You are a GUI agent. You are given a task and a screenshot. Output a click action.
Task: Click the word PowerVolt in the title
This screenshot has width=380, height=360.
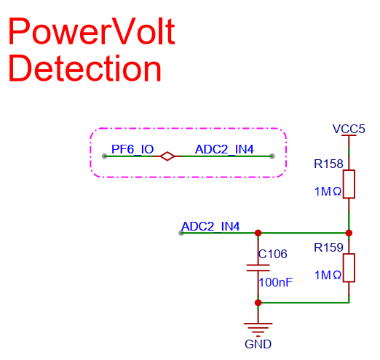(92, 31)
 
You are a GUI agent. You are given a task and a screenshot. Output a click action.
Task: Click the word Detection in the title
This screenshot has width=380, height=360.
(85, 68)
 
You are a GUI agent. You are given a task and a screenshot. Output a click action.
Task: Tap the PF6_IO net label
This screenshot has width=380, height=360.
(132, 149)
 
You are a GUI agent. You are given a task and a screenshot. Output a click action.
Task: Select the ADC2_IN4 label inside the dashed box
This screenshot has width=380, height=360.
(224, 149)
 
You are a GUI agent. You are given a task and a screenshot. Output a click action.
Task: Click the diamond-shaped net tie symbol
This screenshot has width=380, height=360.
(167, 156)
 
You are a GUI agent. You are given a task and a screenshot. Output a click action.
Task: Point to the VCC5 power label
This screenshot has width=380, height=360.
(349, 129)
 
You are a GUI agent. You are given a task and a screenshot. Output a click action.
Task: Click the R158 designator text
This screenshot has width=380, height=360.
(328, 164)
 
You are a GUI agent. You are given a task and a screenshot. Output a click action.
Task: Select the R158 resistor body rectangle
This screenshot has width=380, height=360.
(349, 184)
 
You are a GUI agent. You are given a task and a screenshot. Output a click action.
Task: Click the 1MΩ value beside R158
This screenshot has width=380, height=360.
(328, 191)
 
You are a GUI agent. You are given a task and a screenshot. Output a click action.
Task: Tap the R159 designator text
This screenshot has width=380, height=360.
(328, 248)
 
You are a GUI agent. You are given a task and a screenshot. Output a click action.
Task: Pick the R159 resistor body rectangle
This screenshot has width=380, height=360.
(349, 268)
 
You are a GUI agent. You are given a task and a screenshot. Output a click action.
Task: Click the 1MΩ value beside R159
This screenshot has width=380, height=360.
(328, 275)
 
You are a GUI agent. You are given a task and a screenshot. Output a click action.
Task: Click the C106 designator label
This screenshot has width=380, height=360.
(273, 254)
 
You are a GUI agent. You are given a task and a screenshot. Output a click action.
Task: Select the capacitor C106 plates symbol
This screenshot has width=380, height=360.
(258, 268)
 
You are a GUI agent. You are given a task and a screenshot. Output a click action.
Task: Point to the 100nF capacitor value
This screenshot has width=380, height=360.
(276, 282)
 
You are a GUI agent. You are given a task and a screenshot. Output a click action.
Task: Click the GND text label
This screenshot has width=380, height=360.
(258, 344)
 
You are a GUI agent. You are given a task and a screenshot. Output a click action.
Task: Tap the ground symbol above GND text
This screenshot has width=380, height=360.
(258, 329)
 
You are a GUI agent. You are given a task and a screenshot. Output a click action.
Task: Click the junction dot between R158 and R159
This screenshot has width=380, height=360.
(349, 233)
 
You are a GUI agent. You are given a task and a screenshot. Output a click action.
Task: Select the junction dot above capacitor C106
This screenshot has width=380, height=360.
(258, 233)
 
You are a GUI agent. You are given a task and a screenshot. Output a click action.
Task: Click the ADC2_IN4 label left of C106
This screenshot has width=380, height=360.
(210, 226)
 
